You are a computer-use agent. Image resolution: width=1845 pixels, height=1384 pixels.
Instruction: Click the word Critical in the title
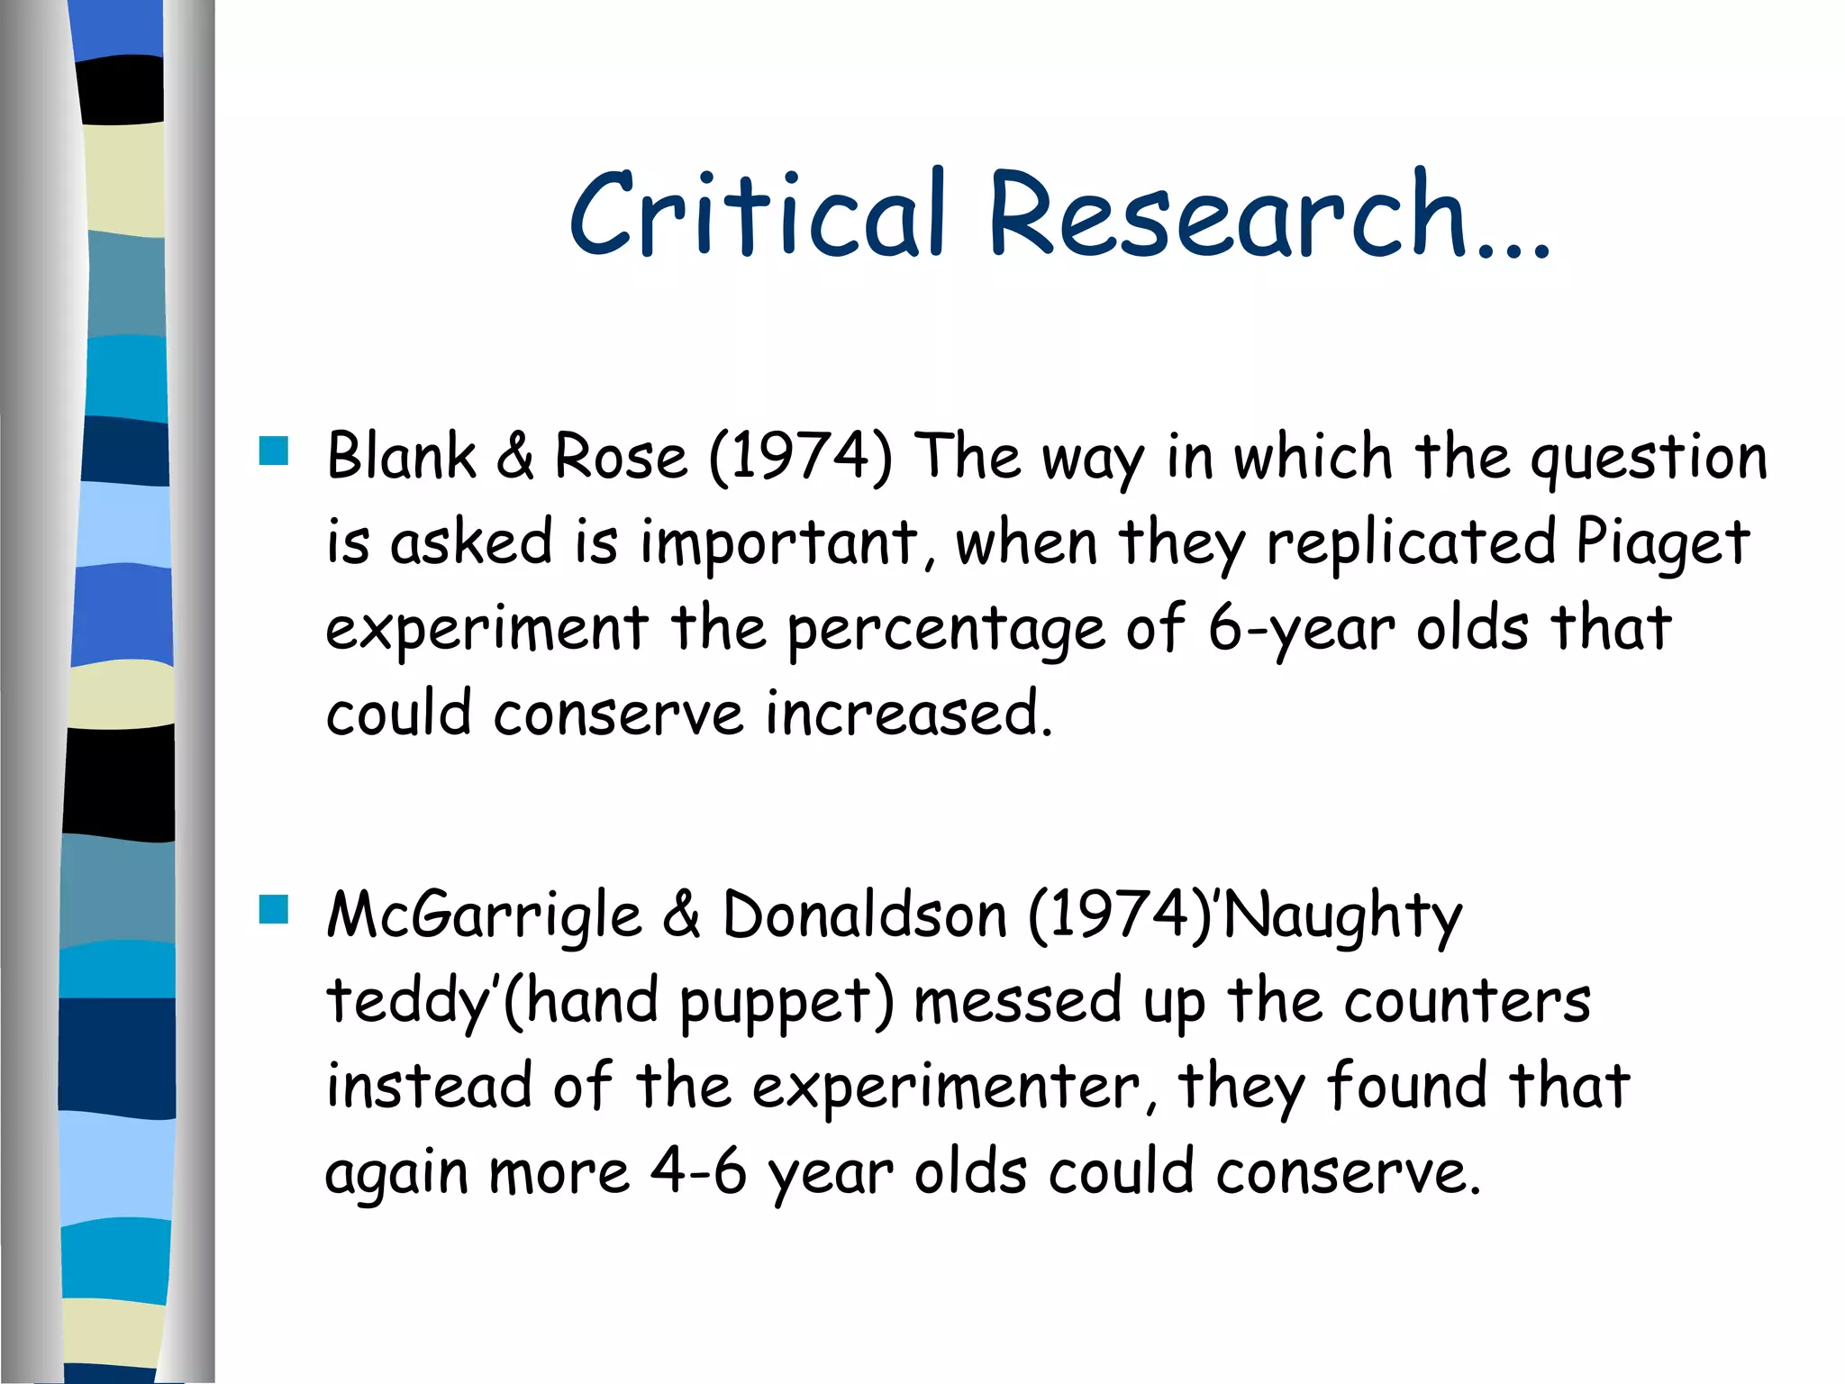point(758,215)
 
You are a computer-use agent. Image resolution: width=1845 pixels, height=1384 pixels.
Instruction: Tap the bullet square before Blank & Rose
point(273,451)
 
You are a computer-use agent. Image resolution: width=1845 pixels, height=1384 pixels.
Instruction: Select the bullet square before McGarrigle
point(273,909)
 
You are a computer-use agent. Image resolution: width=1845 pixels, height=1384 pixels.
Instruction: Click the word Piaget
point(1662,543)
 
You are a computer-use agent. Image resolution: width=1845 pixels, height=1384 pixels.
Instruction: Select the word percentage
point(946,630)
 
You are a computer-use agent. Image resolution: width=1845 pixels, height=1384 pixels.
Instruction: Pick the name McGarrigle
point(484,915)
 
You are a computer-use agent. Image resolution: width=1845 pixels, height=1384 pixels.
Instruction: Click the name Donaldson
point(864,915)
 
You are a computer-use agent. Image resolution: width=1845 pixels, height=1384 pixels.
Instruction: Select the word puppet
point(786,1003)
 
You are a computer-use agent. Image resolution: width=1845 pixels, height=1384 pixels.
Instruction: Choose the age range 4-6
point(698,1172)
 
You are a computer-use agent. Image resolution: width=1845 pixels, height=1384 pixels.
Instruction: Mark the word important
point(780,543)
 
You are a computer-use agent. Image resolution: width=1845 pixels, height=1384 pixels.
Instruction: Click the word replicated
point(1411,543)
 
